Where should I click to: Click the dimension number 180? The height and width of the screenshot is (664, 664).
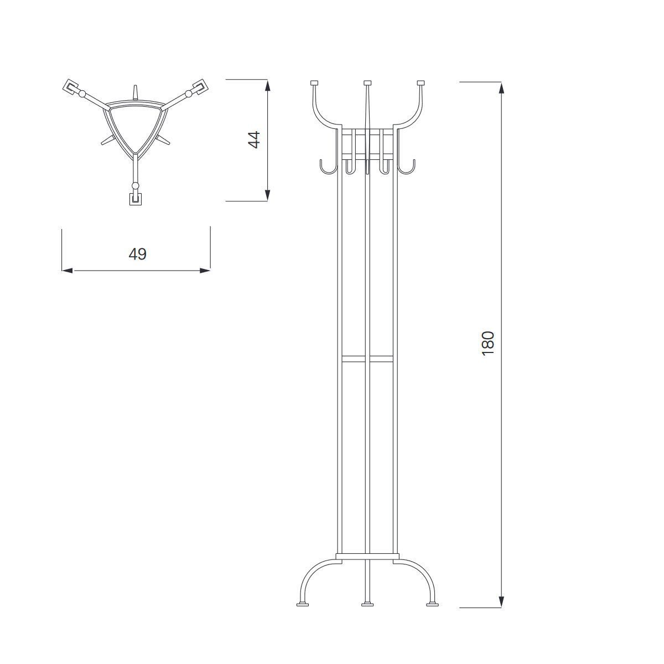tap(488, 344)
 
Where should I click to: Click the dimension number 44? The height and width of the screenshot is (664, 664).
tap(255, 140)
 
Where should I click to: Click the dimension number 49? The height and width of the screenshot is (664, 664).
tap(137, 255)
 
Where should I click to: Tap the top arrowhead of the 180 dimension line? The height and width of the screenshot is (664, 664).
tap(501, 88)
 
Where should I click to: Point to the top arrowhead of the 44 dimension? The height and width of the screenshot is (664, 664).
tap(267, 85)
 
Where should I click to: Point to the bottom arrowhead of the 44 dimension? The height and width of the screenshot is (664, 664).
tap(267, 195)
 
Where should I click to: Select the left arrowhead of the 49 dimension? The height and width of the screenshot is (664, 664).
tap(68, 271)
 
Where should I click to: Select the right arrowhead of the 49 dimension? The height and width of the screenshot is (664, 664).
tap(205, 271)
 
